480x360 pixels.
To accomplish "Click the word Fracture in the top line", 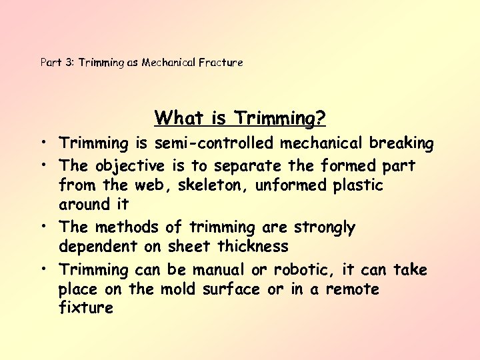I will pos(221,63).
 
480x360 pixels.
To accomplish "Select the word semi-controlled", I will pos(213,143).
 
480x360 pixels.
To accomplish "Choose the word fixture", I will pos(85,309).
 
